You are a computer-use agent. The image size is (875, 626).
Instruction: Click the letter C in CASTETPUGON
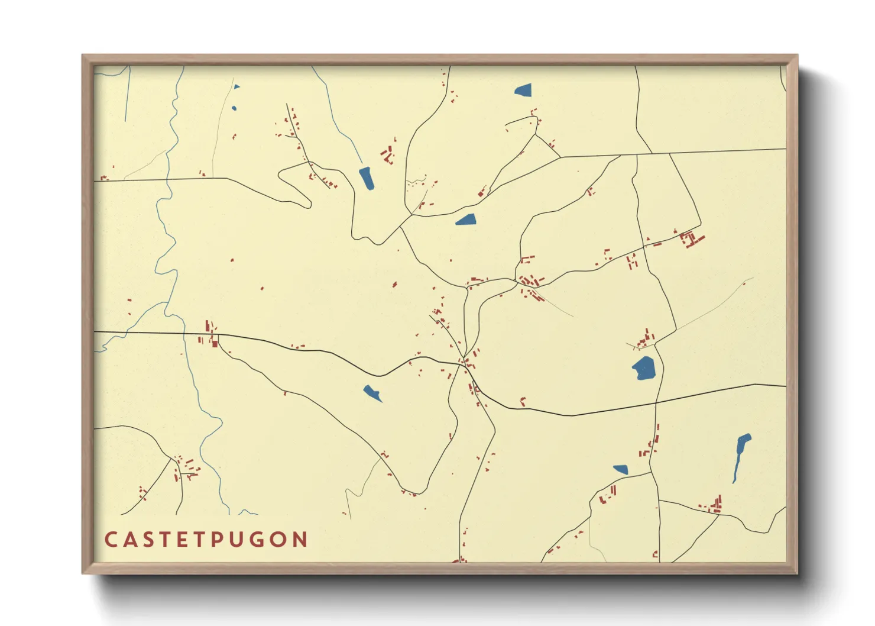pos(111,540)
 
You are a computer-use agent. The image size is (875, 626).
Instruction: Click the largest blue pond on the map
pos(644,368)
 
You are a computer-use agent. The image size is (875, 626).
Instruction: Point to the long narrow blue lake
pos(740,456)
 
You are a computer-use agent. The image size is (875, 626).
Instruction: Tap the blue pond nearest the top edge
pos(524,91)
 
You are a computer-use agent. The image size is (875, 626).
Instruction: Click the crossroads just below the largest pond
pos(656,404)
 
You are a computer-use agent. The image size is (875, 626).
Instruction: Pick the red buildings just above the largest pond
pos(646,338)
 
